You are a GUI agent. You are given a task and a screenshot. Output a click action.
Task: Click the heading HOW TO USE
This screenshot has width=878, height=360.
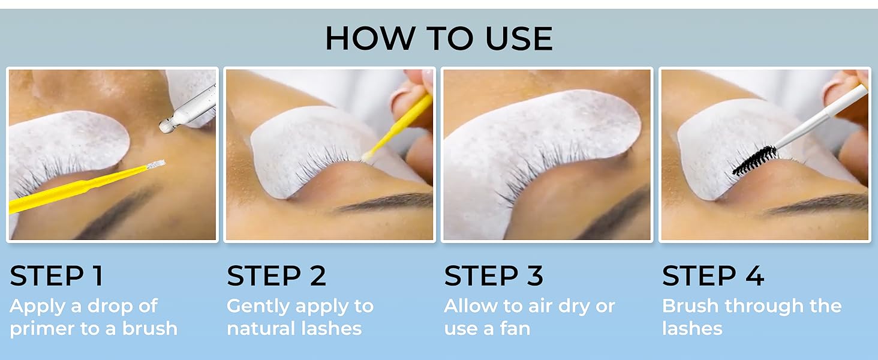(x=438, y=39)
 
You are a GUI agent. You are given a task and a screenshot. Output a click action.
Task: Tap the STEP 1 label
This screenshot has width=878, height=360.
(x=56, y=276)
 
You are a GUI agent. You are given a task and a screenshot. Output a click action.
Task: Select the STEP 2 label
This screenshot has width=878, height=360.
(x=276, y=276)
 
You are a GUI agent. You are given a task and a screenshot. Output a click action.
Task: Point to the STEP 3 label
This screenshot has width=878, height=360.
(x=494, y=276)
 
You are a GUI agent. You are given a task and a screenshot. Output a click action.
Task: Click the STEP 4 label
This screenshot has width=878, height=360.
(x=713, y=276)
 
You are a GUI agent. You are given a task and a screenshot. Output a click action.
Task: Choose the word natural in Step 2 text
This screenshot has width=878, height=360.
(x=258, y=329)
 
